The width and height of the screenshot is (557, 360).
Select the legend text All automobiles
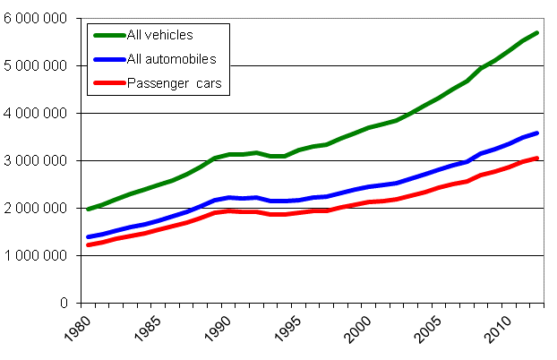click(171, 59)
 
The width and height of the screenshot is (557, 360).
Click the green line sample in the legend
click(109, 35)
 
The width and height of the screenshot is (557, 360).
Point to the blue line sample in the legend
click(109, 59)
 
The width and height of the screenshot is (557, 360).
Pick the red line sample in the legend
click(109, 83)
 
